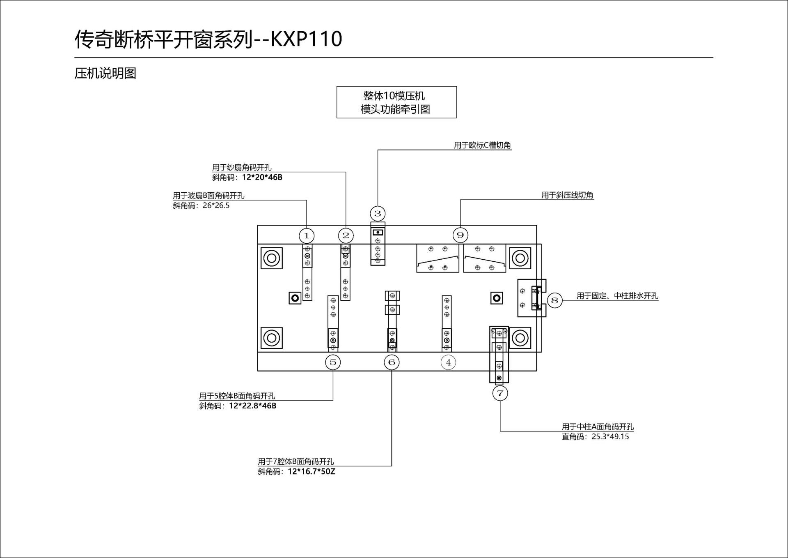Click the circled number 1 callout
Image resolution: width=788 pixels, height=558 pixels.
[307, 236]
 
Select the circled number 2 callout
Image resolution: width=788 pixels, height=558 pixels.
[346, 235]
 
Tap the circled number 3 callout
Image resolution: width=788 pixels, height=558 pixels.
[378, 214]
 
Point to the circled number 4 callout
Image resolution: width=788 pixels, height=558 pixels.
[448, 362]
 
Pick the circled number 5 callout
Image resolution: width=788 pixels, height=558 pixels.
[333, 362]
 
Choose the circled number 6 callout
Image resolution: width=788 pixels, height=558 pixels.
[392, 362]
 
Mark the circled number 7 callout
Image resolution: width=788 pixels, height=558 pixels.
[500, 393]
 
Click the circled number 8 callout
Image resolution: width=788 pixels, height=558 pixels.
[554, 300]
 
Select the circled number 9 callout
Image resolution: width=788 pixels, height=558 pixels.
[460, 235]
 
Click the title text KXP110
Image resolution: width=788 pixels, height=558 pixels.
[306, 39]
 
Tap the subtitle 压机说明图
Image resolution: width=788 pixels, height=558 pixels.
[105, 74]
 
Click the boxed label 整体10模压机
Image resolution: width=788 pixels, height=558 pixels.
[394, 96]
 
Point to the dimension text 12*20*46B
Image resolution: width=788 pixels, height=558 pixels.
[262, 178]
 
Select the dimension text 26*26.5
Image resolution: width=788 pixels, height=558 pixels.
[216, 205]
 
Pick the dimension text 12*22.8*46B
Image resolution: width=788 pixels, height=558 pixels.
[252, 406]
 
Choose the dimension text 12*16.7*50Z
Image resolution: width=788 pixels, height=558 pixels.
[311, 472]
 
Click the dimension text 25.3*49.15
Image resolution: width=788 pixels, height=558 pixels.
[610, 437]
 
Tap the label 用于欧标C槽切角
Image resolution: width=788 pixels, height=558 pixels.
[482, 145]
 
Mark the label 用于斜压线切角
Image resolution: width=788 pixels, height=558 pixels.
[567, 195]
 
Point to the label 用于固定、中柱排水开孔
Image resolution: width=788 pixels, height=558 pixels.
[617, 296]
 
